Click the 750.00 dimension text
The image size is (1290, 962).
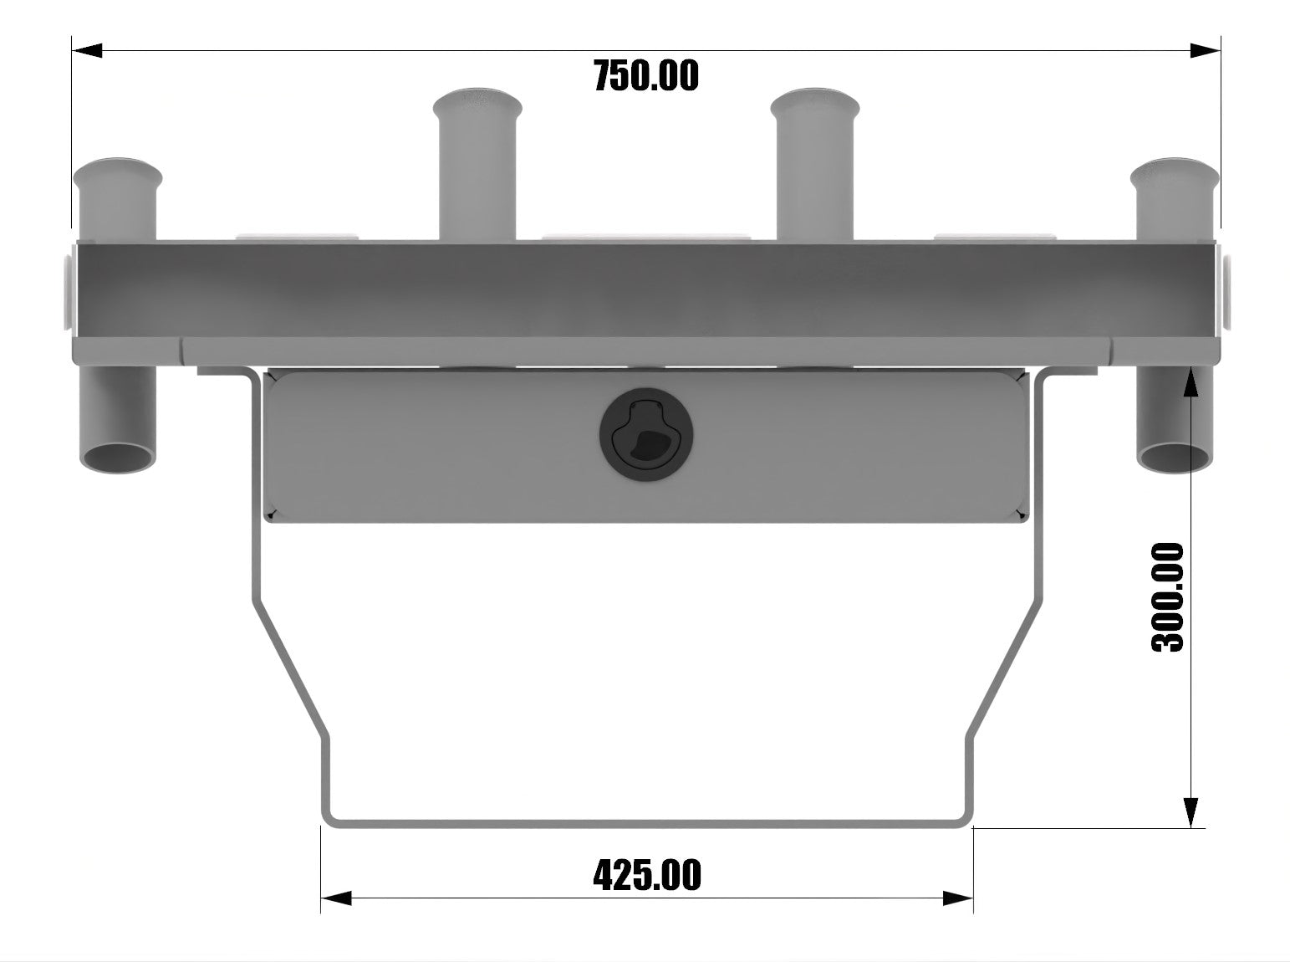[x=645, y=76]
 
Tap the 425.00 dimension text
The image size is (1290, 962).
[x=646, y=875]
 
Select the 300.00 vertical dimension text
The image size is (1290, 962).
[x=1169, y=597]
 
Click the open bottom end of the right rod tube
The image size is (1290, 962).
[x=1174, y=458]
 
